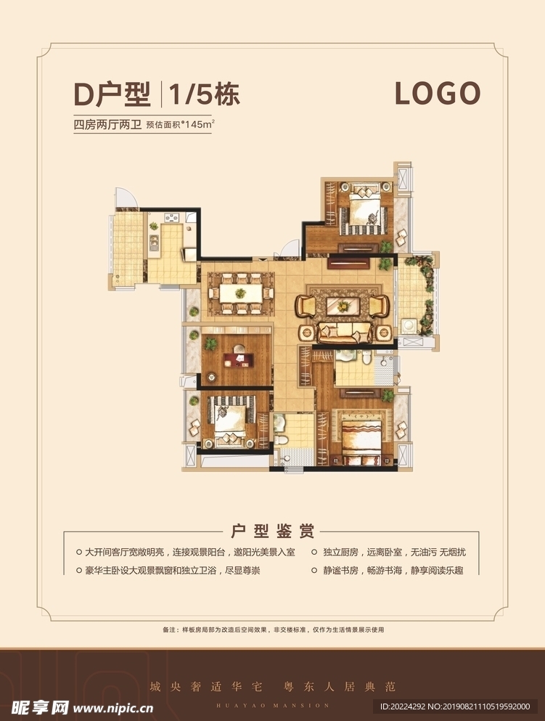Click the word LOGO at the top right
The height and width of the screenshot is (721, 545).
[438, 94]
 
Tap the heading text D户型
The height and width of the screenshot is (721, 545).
[112, 94]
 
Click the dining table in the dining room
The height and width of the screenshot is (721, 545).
[240, 293]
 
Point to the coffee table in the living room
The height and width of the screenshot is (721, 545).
[343, 306]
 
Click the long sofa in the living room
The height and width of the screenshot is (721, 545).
[345, 333]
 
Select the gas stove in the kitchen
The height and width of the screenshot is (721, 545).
[172, 216]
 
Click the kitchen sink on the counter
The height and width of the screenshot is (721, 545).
[153, 240]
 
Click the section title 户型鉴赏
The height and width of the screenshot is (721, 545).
[273, 531]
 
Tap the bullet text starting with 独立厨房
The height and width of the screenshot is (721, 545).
[394, 553]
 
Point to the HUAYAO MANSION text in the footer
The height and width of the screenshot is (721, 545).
[273, 705]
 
